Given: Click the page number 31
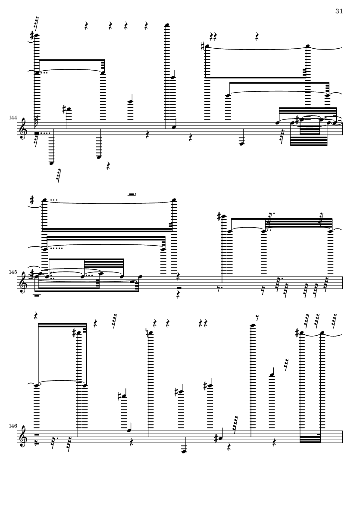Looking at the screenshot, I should click(339, 11).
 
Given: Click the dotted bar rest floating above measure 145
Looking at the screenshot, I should click(132, 194).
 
